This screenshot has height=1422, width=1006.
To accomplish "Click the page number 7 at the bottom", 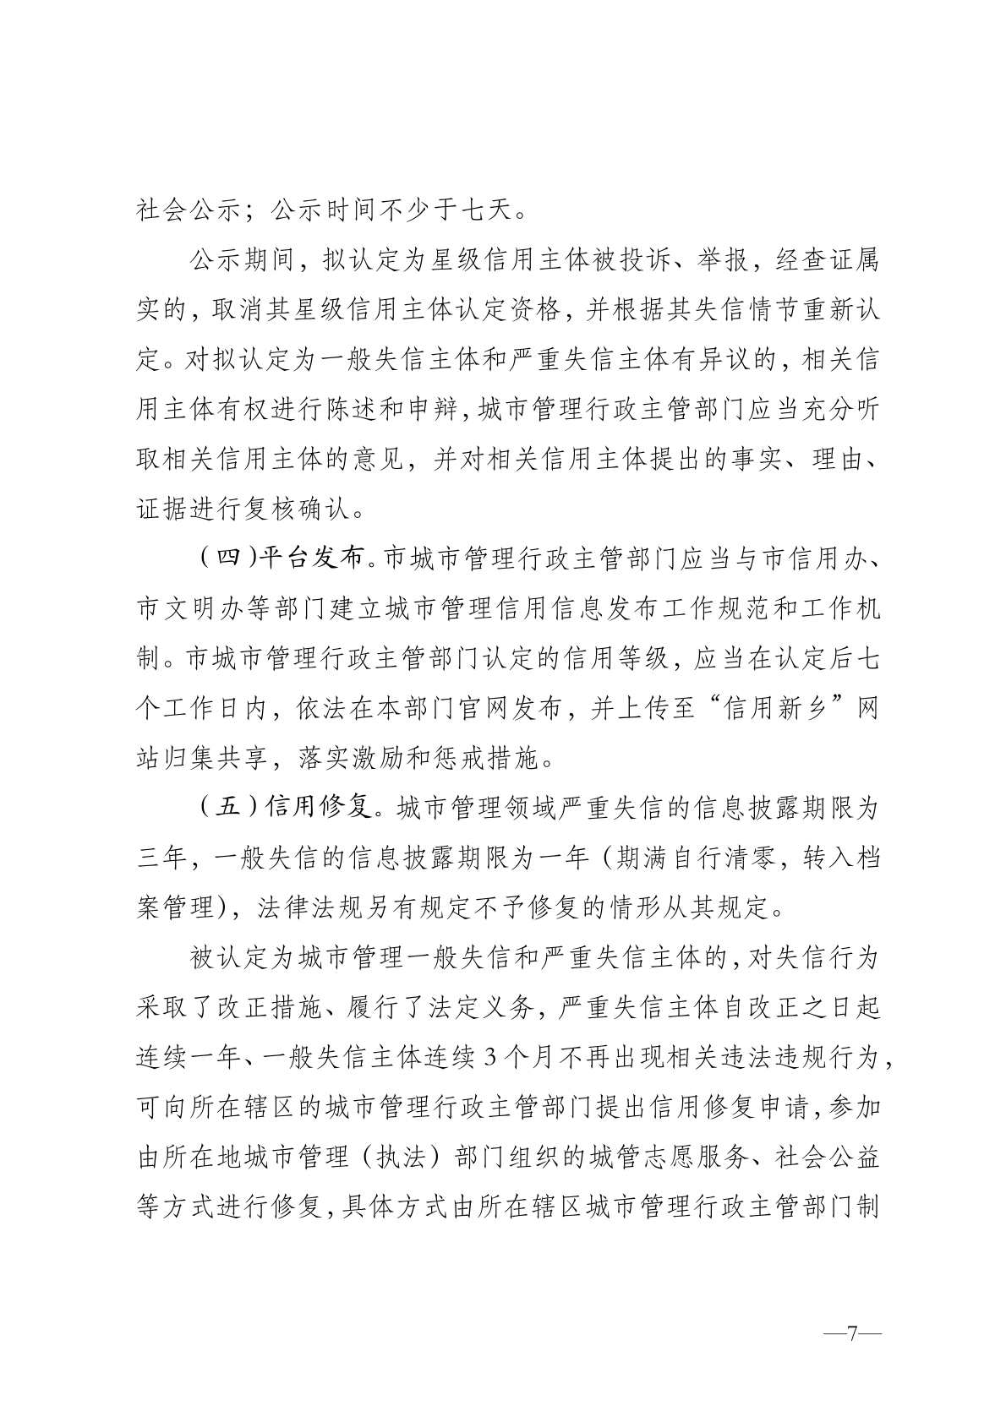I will tap(852, 1334).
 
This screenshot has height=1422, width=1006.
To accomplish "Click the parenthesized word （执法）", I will tap(396, 1157).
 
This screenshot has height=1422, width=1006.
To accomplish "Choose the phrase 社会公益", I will tap(827, 1157).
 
